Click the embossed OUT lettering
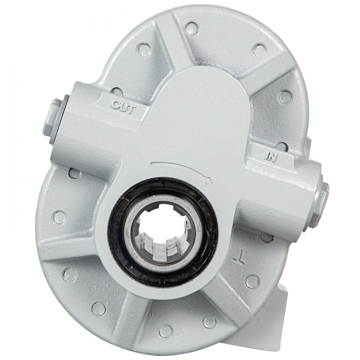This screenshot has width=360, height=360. (x=122, y=107)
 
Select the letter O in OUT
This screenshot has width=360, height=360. (x=114, y=105)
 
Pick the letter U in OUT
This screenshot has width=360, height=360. (x=122, y=107)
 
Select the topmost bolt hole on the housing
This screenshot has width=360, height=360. (x=192, y=26)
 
